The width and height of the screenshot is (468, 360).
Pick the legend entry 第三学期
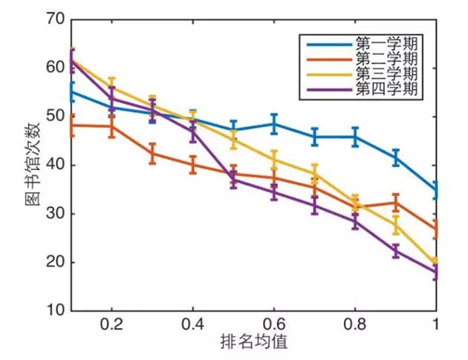[x=386, y=73]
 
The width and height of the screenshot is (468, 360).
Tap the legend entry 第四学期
[x=386, y=89]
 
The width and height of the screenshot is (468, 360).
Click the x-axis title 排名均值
[x=253, y=342]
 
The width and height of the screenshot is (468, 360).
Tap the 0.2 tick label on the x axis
[x=111, y=324]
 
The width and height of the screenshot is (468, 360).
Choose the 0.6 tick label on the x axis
[x=273, y=324]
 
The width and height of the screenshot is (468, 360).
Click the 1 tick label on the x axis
[x=435, y=324]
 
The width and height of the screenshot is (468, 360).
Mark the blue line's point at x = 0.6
[x=274, y=123]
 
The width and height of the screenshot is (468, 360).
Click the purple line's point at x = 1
[x=436, y=273]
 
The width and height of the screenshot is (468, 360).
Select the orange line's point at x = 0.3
[x=152, y=154]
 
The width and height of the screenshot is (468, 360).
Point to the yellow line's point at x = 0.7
[x=314, y=174]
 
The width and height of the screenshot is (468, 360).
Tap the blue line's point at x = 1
[x=436, y=191]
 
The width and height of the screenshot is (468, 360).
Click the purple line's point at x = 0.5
[x=233, y=179]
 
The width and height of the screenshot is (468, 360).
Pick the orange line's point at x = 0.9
[x=395, y=202]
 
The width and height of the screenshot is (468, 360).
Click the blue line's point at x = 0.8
[x=355, y=137]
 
